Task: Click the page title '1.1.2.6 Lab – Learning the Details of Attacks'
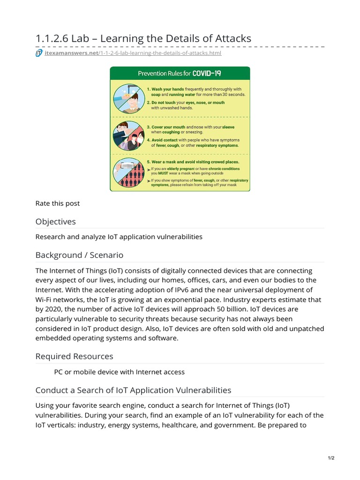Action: point(143,38)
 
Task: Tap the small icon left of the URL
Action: point(39,53)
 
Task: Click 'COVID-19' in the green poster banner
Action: point(204,74)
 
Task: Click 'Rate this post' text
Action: point(58,203)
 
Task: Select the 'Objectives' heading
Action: point(55,221)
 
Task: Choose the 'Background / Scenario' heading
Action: point(79,255)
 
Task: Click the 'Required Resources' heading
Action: point(74,356)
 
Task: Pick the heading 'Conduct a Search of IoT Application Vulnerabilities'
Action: point(133,390)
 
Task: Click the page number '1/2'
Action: point(331,458)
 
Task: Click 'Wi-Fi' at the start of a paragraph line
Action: point(45,300)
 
